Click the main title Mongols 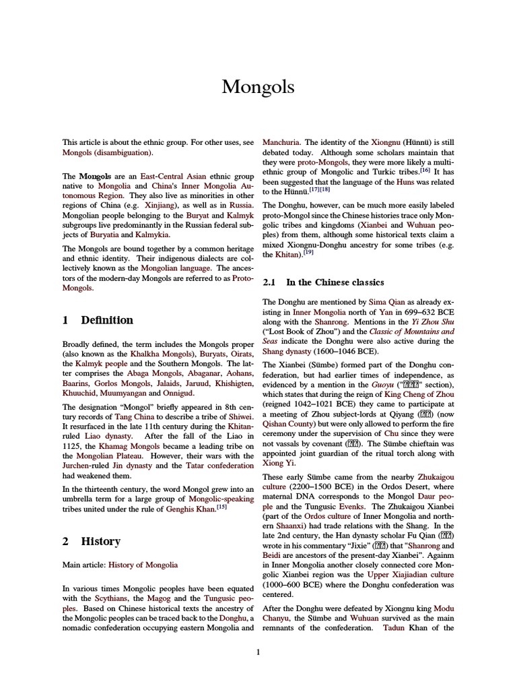pyautogui.click(x=258, y=87)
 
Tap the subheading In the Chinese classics pyautogui.click(x=335, y=282)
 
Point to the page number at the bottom pyautogui.click(x=258, y=652)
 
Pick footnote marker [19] pyautogui.click(x=309, y=253)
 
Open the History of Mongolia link pyautogui.click(x=143, y=565)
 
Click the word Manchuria pyautogui.click(x=281, y=143)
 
